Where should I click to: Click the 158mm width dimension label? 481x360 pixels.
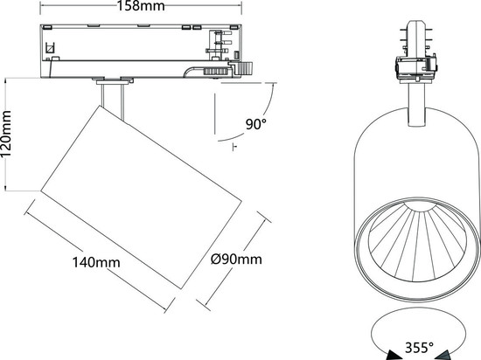[141, 7]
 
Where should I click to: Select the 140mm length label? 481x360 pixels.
[96, 261]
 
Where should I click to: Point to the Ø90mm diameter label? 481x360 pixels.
[237, 260]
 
